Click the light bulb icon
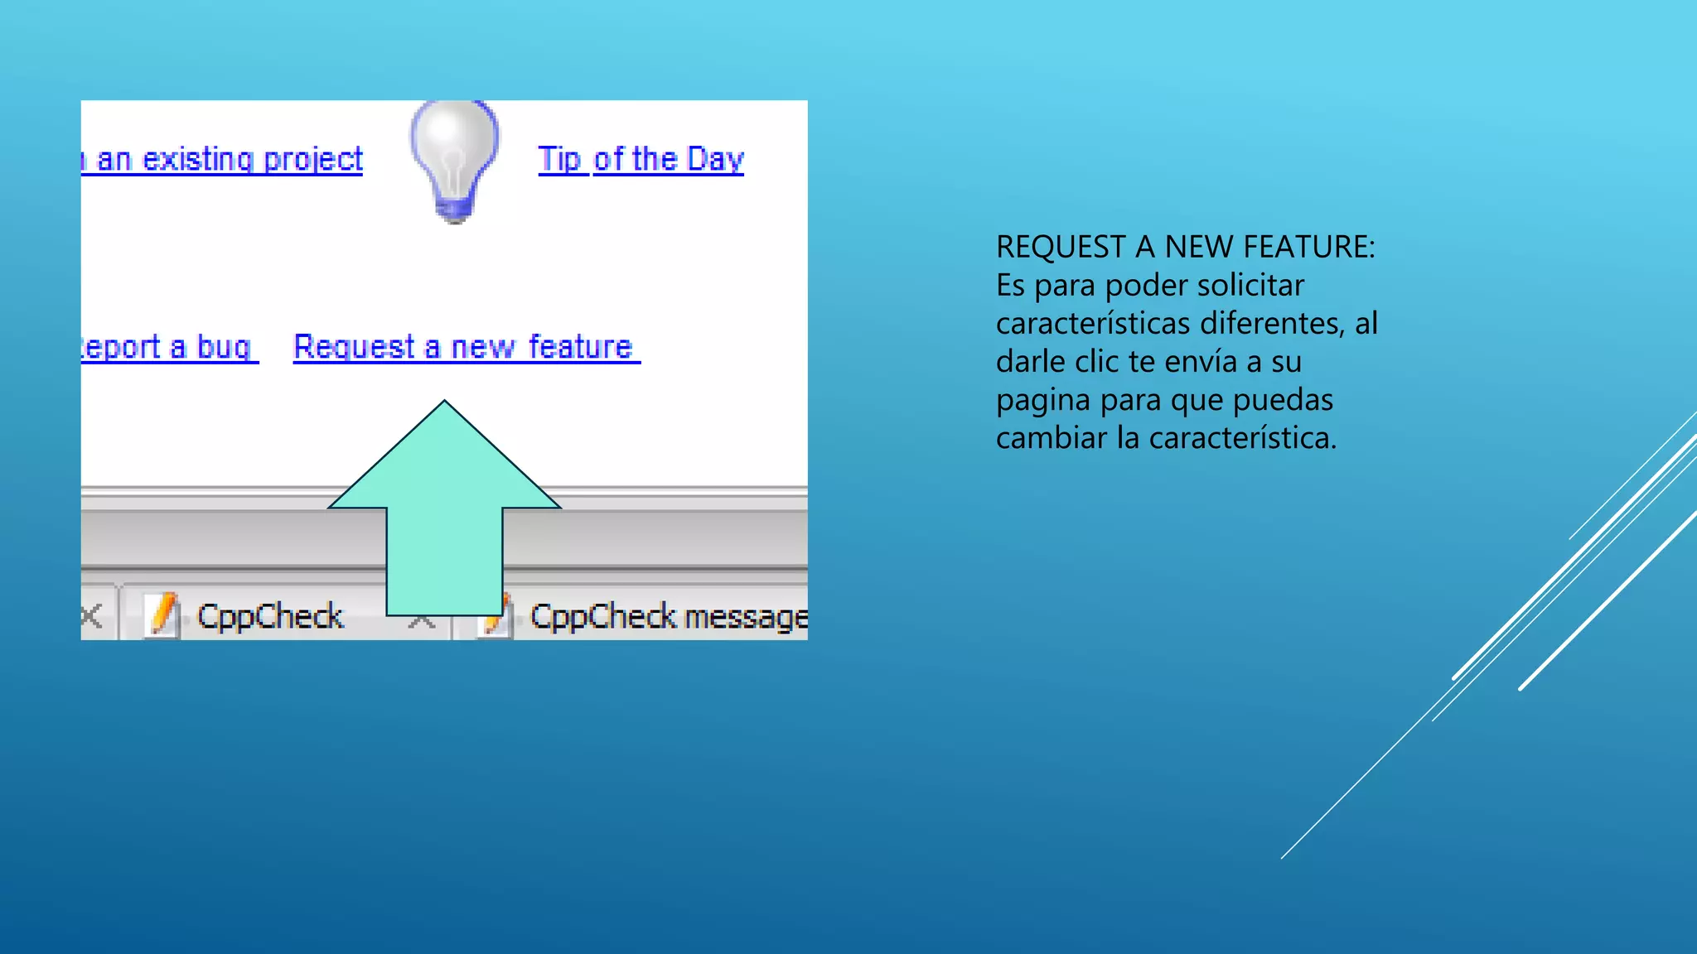coord(454,159)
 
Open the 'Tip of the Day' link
coord(641,159)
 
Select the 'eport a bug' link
coord(168,347)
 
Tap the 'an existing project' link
coord(228,159)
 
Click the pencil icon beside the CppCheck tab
coord(162,616)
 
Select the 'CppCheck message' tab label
coord(667,617)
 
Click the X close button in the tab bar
coord(92,615)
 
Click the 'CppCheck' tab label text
coord(269,617)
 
